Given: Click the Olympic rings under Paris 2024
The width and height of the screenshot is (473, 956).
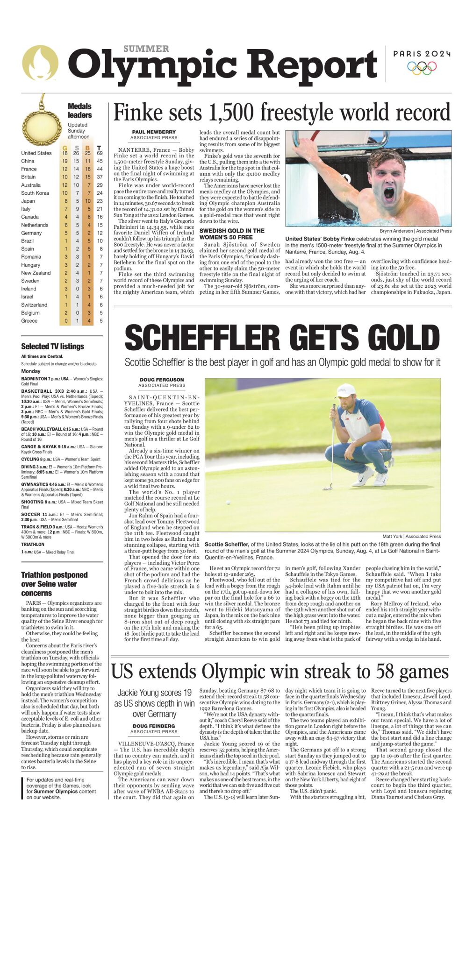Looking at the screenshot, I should [422, 68].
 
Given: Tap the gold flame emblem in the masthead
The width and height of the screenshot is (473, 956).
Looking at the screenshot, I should [40, 63].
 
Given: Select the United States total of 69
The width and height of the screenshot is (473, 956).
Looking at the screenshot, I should [100, 153].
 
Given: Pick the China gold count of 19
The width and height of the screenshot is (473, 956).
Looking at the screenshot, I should [65, 161].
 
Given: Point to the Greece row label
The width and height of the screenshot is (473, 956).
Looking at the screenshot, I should [29, 321].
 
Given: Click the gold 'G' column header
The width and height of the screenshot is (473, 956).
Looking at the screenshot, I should [65, 148].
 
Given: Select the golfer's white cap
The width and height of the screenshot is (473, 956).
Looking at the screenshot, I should [345, 389].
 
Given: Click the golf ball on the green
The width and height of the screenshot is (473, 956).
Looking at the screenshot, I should [228, 503].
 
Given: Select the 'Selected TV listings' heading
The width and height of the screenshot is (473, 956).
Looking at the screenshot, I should [52, 347].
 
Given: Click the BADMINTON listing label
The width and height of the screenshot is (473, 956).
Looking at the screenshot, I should [34, 379].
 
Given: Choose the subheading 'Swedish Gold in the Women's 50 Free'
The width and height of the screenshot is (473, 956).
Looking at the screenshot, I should [232, 234].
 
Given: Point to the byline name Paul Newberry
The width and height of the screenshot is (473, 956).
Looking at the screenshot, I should [154, 132].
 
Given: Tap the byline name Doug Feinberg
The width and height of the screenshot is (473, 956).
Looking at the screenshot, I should [154, 726].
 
